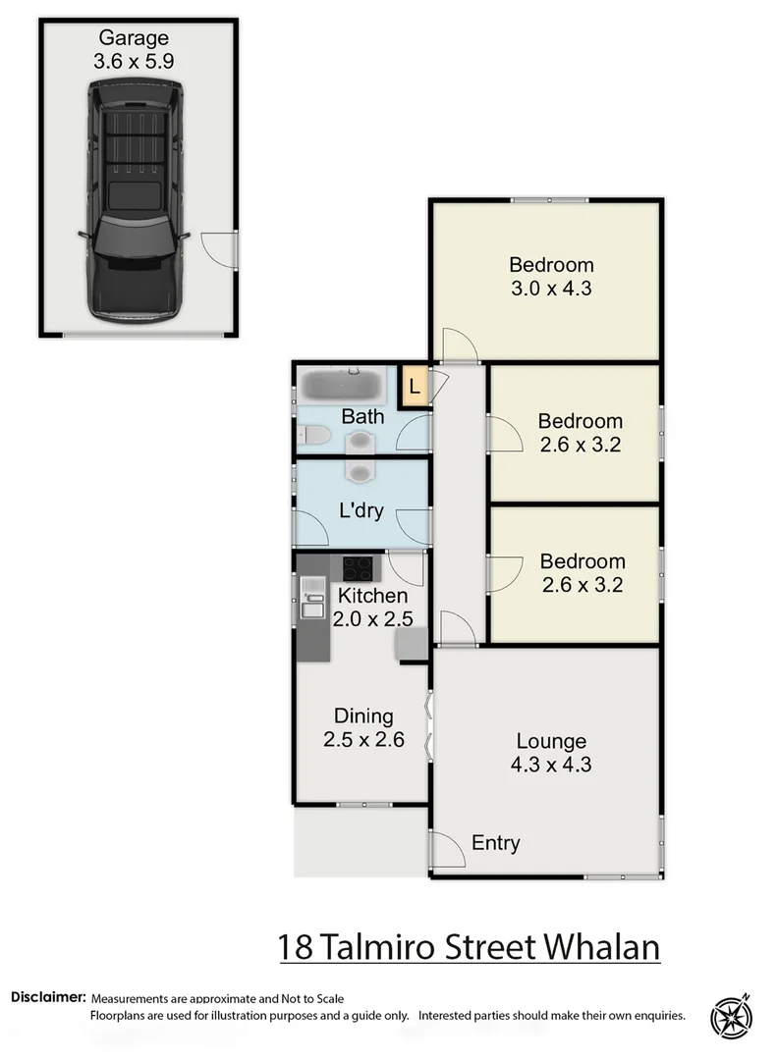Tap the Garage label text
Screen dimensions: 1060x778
click(x=134, y=39)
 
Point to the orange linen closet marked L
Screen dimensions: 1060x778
click(x=414, y=386)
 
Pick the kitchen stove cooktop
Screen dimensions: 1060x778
click(x=358, y=567)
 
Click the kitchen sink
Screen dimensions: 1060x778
click(x=312, y=599)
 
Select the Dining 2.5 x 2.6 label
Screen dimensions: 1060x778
click(x=363, y=727)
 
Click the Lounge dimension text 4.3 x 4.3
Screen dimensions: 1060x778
click(x=550, y=765)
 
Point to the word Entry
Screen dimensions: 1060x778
click(x=496, y=843)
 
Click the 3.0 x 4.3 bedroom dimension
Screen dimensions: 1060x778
click(x=551, y=289)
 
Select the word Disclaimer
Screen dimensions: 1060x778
click(x=48, y=997)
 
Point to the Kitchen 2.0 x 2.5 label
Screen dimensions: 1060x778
click(x=372, y=607)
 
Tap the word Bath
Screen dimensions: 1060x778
click(x=362, y=416)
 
